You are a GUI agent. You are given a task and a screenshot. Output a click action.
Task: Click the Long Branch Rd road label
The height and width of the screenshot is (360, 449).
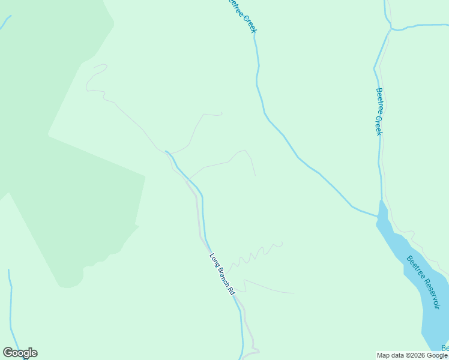coord(221,274)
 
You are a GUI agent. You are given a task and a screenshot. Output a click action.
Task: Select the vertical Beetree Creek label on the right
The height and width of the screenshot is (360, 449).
coord(379,112)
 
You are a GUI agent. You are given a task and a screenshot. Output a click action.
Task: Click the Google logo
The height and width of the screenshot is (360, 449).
coord(20,353)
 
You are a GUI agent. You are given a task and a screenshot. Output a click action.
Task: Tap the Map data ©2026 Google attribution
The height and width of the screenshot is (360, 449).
coord(412,355)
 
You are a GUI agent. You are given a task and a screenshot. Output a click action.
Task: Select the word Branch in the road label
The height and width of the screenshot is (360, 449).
coord(221,274)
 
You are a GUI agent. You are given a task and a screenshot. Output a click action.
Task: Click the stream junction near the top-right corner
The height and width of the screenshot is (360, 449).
coord(391,28)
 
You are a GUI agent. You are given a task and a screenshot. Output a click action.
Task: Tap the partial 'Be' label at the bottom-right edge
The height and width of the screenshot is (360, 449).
coord(445,348)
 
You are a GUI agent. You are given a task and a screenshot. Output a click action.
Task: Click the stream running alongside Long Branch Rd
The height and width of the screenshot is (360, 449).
coord(203,216)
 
